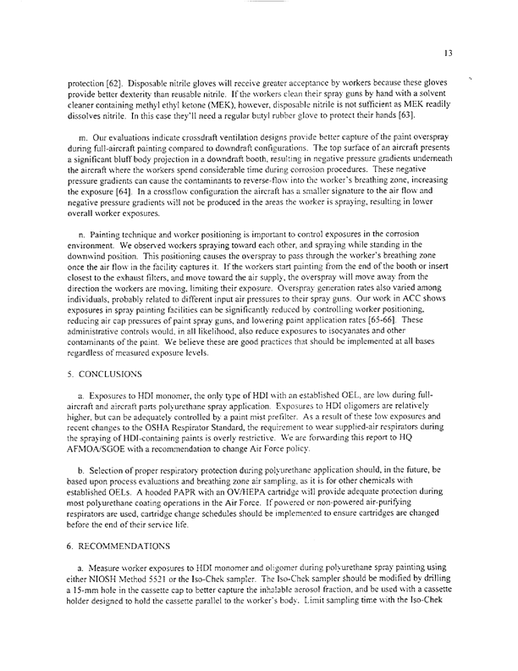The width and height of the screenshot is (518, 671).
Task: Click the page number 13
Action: pos(449,53)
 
